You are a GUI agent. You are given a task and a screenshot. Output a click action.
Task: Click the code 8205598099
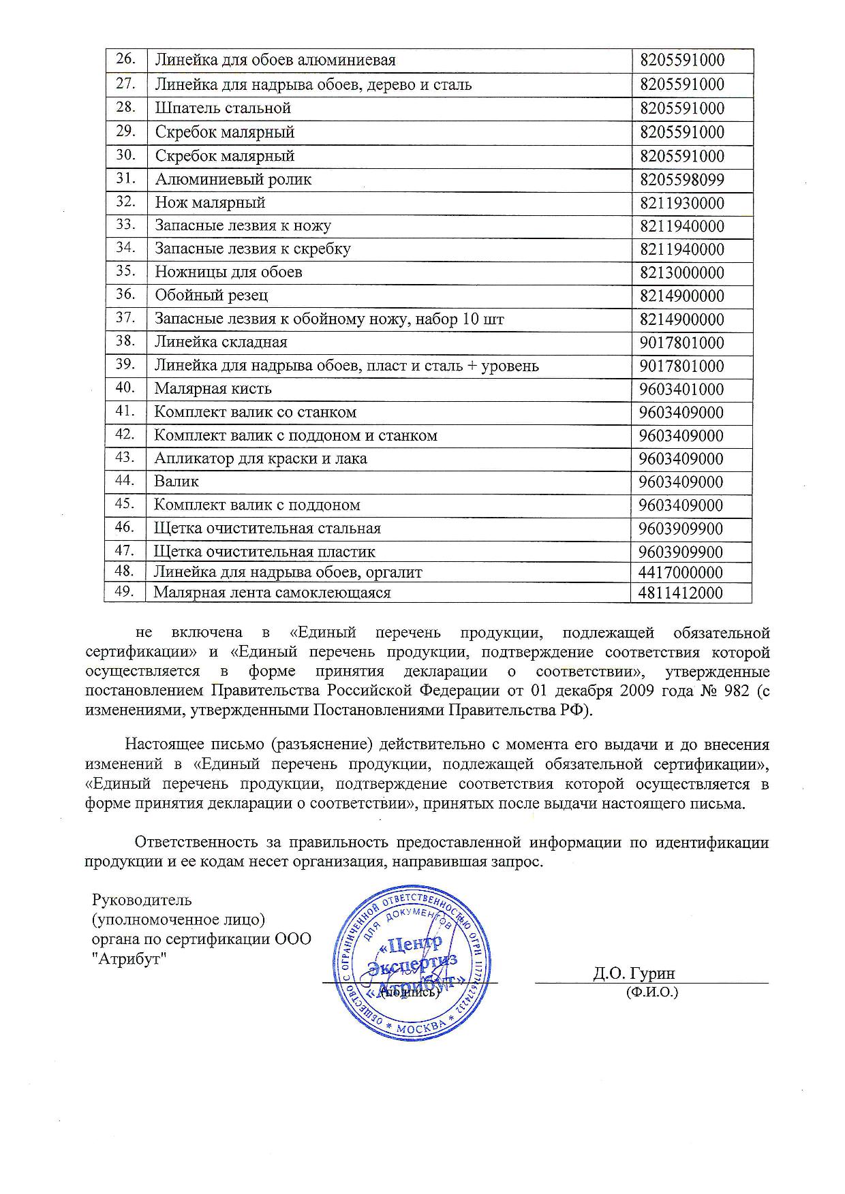681,180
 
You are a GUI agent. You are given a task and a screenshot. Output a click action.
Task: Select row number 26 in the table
125,59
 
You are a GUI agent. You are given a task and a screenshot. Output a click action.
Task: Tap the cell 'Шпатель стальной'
223,108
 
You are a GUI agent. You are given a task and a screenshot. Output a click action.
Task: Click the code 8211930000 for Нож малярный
681,203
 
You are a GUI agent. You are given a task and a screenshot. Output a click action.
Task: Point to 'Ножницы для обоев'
228,272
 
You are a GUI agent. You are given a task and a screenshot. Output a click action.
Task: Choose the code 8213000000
681,273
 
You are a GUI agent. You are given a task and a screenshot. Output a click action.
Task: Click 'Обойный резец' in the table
211,296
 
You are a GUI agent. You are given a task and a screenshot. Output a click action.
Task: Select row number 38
125,341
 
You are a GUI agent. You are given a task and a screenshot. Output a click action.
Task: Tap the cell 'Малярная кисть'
213,389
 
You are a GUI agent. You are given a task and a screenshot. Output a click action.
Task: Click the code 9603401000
681,390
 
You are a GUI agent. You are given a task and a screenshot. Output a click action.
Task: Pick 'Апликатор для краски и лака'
260,458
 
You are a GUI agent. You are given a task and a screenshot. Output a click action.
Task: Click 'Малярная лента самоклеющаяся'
272,593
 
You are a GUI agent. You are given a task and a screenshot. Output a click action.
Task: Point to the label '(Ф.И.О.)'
652,992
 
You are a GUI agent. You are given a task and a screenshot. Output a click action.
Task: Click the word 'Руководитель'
142,900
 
